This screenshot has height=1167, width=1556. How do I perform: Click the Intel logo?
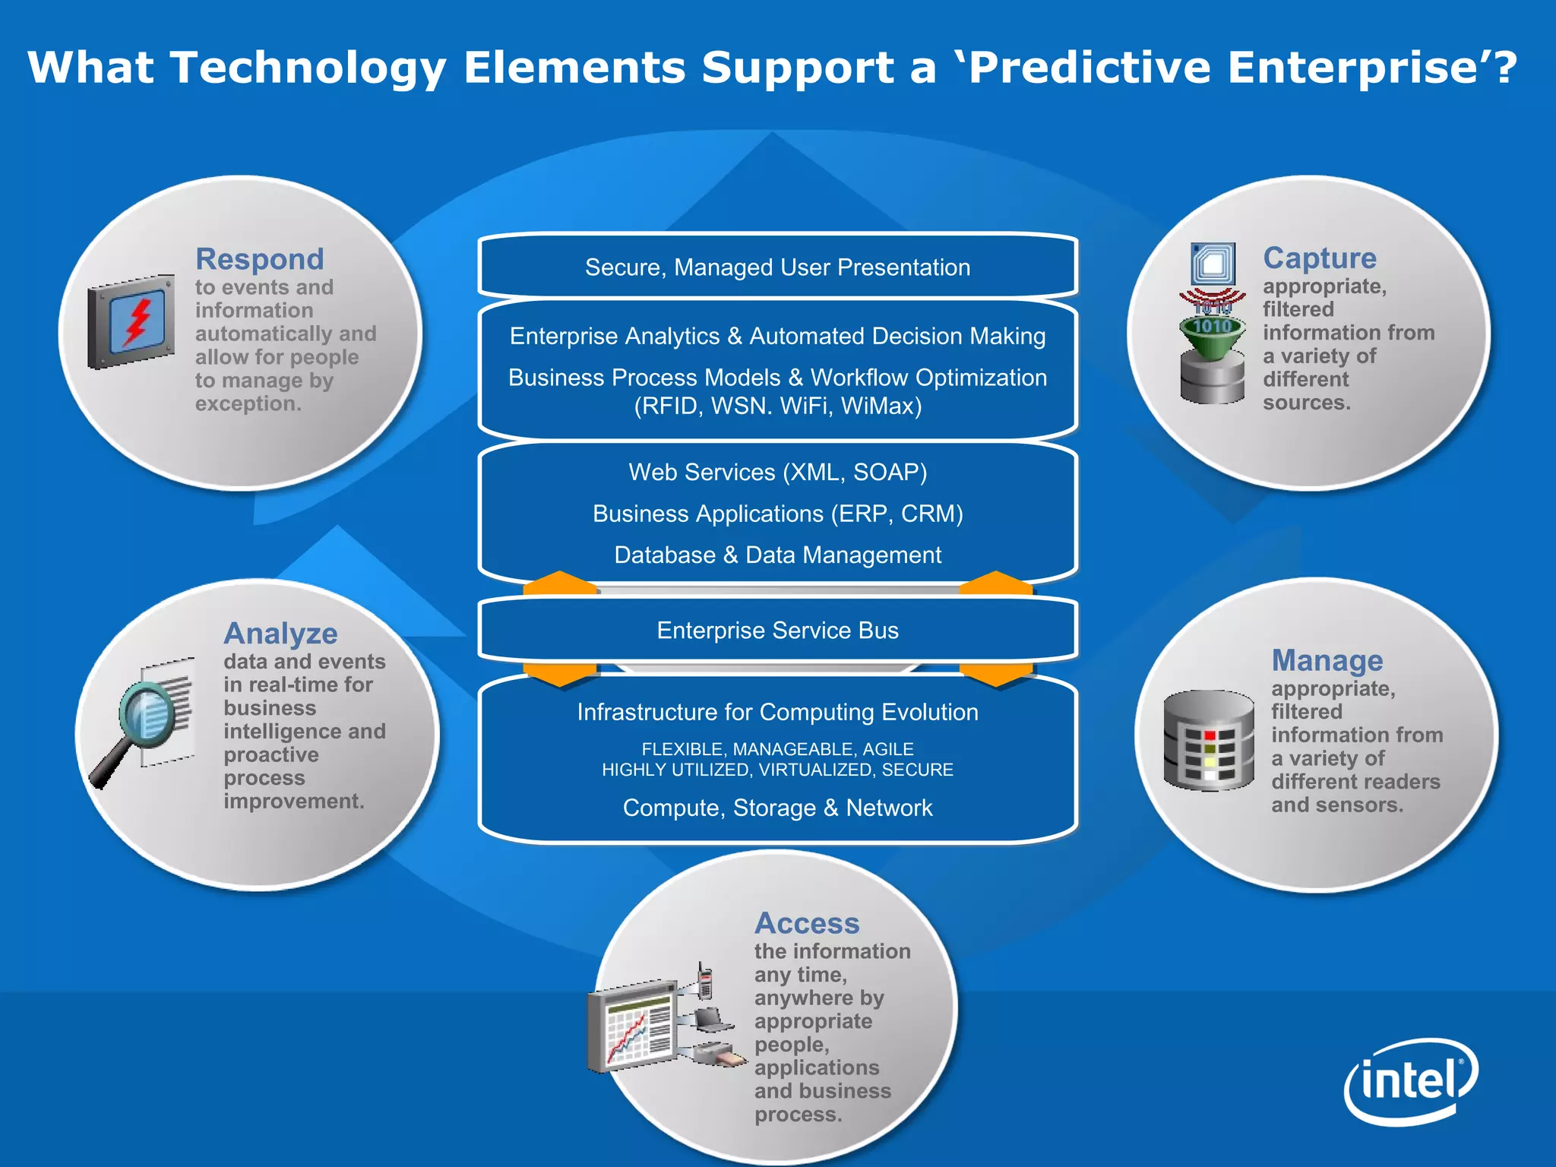(x=1410, y=1080)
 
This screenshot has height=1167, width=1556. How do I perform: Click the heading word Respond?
(x=259, y=259)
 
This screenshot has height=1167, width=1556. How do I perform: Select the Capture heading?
(x=1319, y=258)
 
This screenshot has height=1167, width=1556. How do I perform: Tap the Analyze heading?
(x=280, y=633)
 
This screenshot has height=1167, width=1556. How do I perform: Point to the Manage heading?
(x=1327, y=660)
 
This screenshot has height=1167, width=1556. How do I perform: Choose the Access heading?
(x=807, y=923)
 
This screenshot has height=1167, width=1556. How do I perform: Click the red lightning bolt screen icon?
(x=133, y=322)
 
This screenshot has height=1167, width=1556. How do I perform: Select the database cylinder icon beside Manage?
(x=1208, y=741)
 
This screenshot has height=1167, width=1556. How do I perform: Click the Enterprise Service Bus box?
(x=777, y=631)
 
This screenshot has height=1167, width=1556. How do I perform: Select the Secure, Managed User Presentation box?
(x=777, y=267)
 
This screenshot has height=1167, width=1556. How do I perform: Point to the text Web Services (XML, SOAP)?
(x=777, y=473)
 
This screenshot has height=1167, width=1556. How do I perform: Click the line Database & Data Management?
(x=777, y=555)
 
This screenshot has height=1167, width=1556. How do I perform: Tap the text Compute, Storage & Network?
(x=777, y=808)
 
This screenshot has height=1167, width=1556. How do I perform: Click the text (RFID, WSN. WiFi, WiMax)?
(x=777, y=406)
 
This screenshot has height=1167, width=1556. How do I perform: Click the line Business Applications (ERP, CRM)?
(x=777, y=514)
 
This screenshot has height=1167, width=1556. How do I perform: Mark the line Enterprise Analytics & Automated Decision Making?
(x=777, y=336)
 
